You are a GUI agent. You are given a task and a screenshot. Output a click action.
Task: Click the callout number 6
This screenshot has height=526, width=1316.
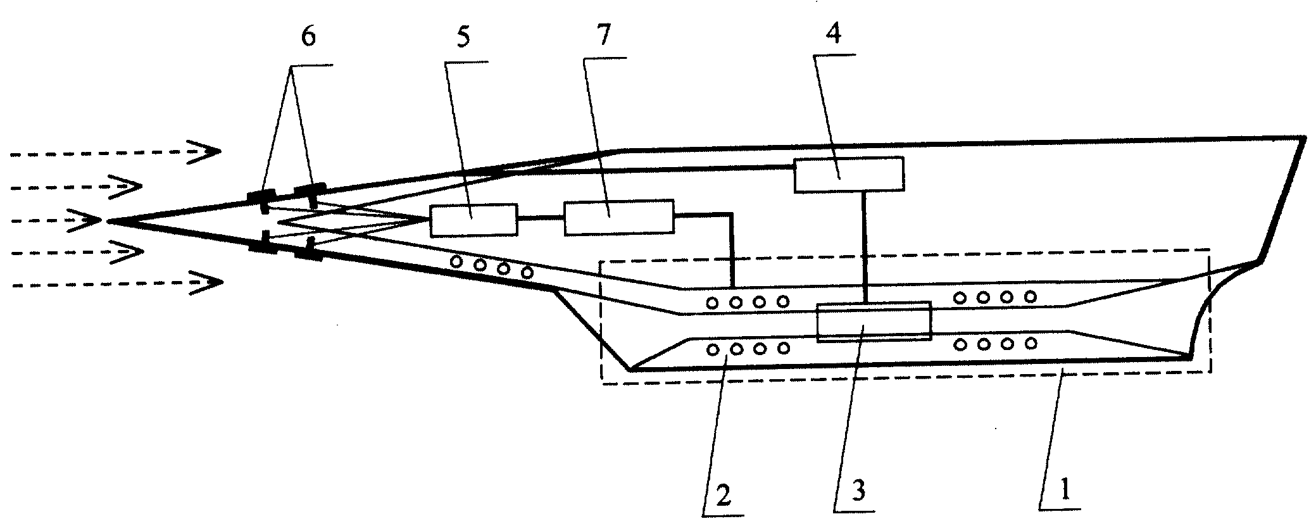pyautogui.click(x=307, y=37)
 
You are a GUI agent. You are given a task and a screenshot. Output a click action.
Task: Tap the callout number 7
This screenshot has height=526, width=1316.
pyautogui.click(x=603, y=36)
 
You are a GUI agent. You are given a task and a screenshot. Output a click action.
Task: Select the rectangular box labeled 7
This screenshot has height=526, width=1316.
pyautogui.click(x=619, y=218)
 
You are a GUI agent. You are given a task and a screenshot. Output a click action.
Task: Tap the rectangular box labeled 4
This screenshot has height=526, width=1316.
pyautogui.click(x=849, y=174)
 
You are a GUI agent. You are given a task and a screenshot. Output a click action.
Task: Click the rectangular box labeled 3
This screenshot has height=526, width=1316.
pyautogui.click(x=874, y=322)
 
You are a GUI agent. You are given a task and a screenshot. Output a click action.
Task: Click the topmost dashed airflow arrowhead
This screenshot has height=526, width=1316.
pyautogui.click(x=204, y=152)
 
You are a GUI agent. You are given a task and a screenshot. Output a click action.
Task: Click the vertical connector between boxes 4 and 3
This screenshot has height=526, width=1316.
pyautogui.click(x=865, y=247)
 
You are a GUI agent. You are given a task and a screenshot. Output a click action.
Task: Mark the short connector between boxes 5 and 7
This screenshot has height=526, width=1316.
pyautogui.click(x=541, y=218)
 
